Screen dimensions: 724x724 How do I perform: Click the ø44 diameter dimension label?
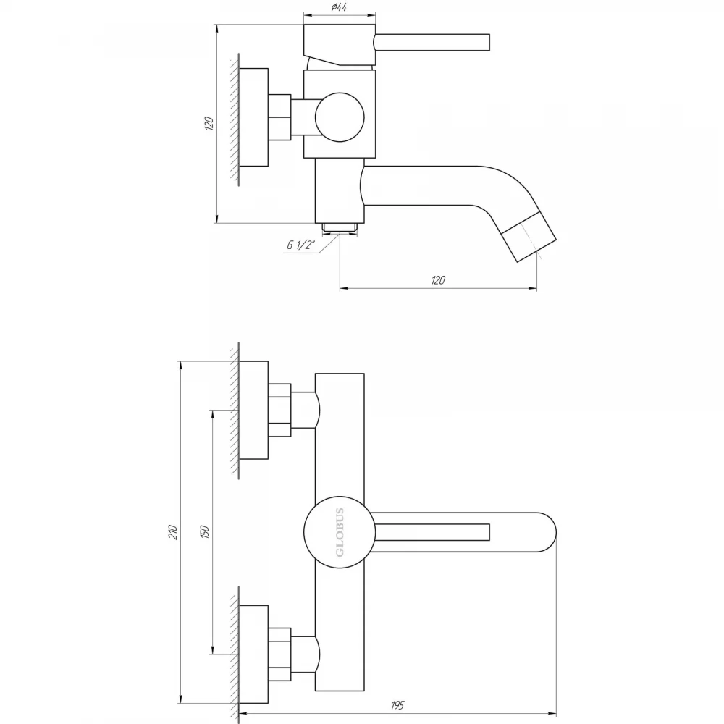point(339,7)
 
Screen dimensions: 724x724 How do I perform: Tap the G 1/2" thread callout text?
point(300,245)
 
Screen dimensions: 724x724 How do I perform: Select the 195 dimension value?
point(397,705)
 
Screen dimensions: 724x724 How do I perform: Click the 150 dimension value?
point(205,532)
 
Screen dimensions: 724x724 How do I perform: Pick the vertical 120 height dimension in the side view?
point(209,123)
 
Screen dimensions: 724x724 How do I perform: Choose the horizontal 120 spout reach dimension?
point(438,279)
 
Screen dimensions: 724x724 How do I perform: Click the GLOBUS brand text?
point(340,532)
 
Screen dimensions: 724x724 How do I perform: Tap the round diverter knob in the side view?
point(340,117)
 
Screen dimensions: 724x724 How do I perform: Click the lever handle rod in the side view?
point(432,41)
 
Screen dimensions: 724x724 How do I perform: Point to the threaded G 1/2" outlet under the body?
point(340,227)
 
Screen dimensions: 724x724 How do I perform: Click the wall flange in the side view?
point(254,117)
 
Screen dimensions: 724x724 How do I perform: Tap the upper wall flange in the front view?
point(254,411)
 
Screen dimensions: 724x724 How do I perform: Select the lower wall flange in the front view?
point(254,654)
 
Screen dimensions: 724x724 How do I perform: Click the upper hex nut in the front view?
point(279,410)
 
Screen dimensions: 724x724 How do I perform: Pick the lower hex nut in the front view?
point(279,654)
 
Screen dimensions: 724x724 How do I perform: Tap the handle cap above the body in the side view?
point(340,45)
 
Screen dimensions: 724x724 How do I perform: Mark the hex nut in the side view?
point(279,117)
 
